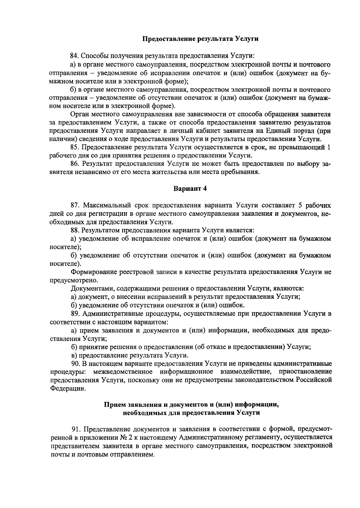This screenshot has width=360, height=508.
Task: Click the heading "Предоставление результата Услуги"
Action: click(x=200, y=39)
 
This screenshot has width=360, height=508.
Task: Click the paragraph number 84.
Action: click(x=75, y=56)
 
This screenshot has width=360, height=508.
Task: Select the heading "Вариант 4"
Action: click(x=190, y=189)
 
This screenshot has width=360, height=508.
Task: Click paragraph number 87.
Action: click(x=75, y=205)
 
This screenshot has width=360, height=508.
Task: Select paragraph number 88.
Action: click(x=75, y=230)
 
